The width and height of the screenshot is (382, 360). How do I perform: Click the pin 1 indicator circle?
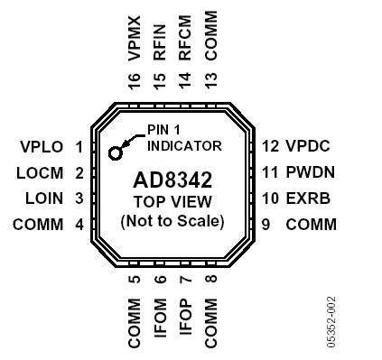pos(116,152)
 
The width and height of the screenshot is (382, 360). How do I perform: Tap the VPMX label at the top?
pos(135,39)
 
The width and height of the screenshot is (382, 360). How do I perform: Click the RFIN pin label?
pos(161,43)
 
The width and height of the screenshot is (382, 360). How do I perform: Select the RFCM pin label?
pos(186,42)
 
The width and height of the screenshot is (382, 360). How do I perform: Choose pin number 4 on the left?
pos(79,225)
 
